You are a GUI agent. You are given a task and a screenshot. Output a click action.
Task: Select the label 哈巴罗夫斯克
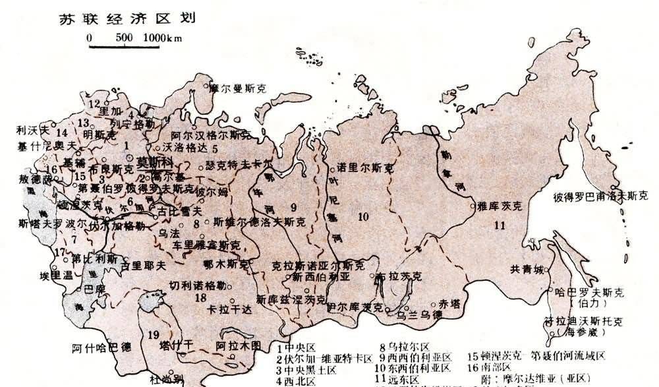pos(590,291)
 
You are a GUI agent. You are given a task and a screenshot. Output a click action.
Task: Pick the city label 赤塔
pos(451,303)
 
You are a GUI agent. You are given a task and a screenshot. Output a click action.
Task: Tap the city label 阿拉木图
pos(239,344)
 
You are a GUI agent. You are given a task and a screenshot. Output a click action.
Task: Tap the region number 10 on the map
pos(362,216)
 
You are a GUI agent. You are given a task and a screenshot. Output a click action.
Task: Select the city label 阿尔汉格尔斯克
pos(206,136)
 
